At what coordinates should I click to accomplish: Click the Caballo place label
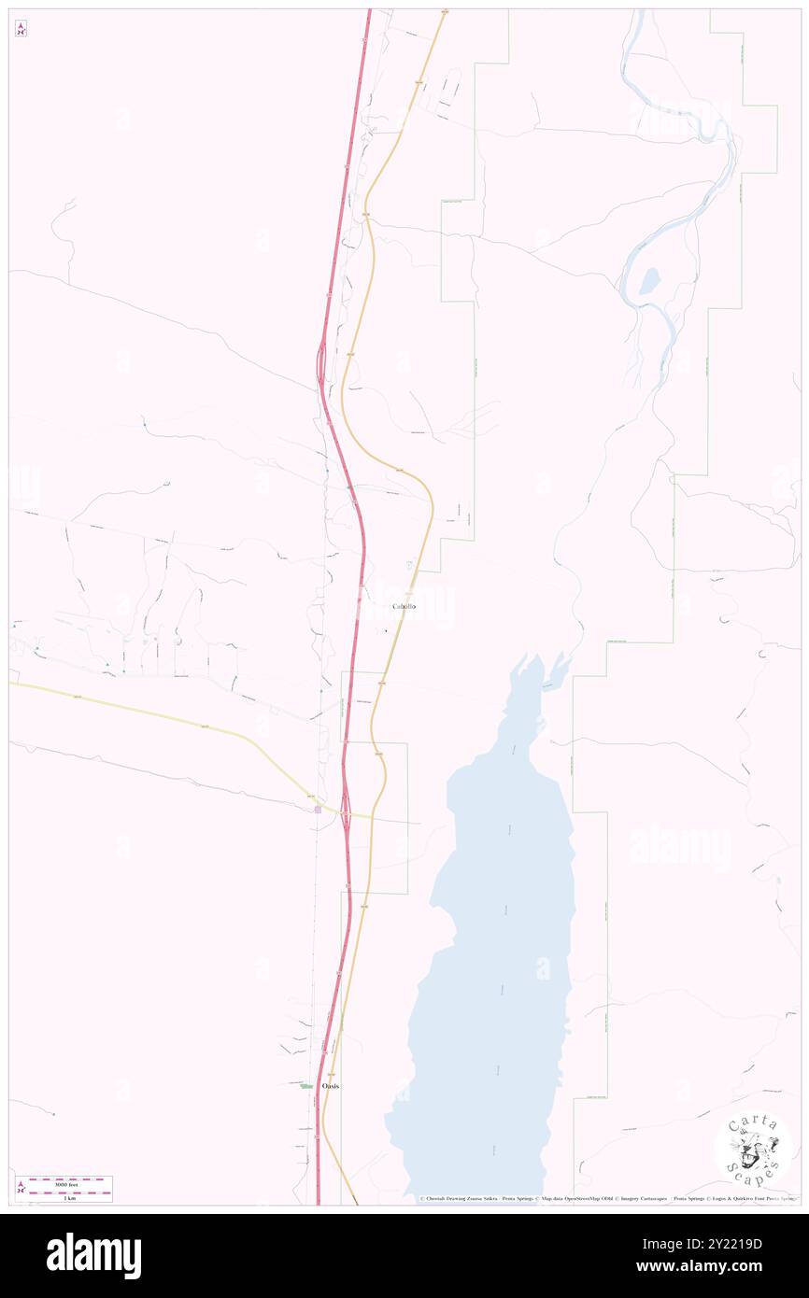tap(404, 607)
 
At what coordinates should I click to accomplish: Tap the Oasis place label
tap(330, 1087)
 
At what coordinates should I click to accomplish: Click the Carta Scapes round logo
tap(753, 1147)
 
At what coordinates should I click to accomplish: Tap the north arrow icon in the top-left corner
tap(21, 29)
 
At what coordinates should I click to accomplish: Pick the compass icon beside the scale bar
tap(21, 1188)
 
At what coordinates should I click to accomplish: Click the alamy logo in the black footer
tap(93, 1256)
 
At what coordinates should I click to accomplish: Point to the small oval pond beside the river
tap(649, 279)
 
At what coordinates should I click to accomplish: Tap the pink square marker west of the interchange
tap(318, 810)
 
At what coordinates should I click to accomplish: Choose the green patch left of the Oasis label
tap(306, 1086)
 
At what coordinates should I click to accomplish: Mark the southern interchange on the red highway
tap(346, 805)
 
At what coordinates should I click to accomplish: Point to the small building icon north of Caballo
tap(409, 565)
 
